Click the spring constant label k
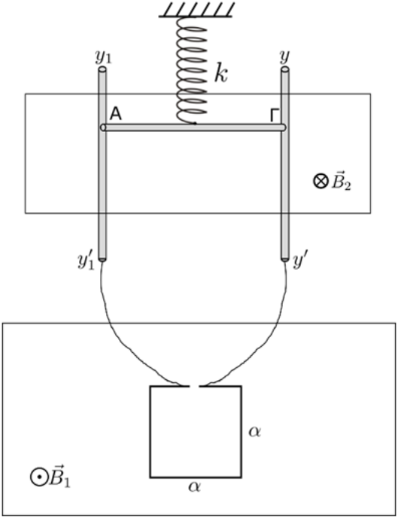pyautogui.click(x=221, y=72)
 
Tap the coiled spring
pyautogui.click(x=191, y=70)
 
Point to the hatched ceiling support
pyautogui.click(x=196, y=10)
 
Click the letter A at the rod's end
pyautogui.click(x=116, y=114)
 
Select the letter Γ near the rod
pyautogui.click(x=275, y=115)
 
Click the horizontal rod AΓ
pyautogui.click(x=193, y=127)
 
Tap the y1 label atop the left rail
pyautogui.click(x=104, y=57)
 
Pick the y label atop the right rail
pyautogui.click(x=284, y=57)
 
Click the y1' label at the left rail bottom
pyautogui.click(x=86, y=262)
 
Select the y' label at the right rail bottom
pyautogui.click(x=300, y=262)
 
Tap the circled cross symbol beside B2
pyautogui.click(x=321, y=182)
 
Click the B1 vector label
pyautogui.click(x=59, y=476)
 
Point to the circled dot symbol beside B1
pyautogui.click(x=39, y=477)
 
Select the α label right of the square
pyautogui.click(x=254, y=431)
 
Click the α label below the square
pyautogui.click(x=195, y=486)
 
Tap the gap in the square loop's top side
pyautogui.click(x=194, y=386)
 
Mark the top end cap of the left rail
pyautogui.click(x=102, y=69)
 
